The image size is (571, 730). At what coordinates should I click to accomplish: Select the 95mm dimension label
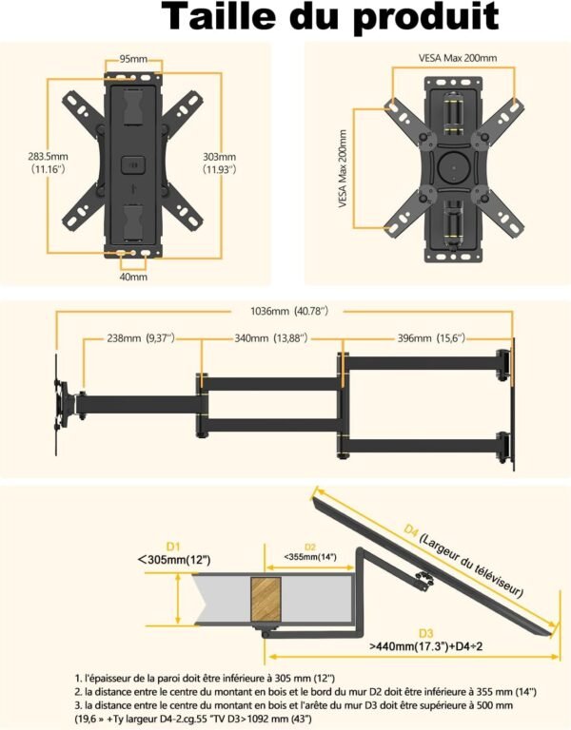click(132, 58)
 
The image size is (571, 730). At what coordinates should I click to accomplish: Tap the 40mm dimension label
click(133, 277)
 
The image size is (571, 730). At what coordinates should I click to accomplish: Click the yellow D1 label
click(173, 547)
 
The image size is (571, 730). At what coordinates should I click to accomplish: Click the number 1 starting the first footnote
click(78, 676)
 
